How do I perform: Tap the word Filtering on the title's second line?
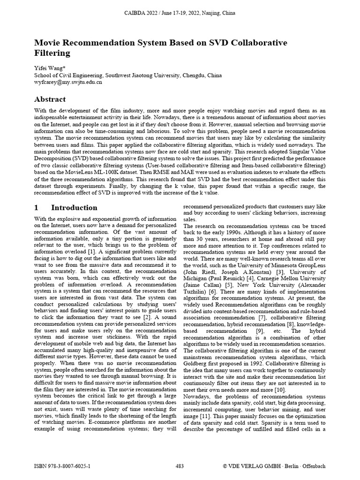click(52, 53)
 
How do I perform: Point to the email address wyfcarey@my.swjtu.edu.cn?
click(68, 82)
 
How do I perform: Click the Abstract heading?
click(50, 99)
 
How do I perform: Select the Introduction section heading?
click(74, 208)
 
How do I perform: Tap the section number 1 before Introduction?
click(37, 208)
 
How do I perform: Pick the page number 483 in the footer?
click(180, 466)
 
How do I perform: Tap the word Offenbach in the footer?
click(312, 466)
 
